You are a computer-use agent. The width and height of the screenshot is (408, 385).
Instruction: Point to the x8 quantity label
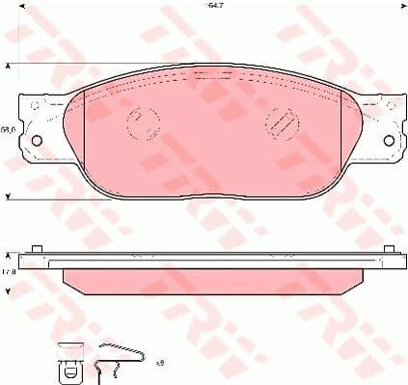(159, 363)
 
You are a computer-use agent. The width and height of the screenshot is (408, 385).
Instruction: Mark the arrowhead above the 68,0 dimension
(10, 68)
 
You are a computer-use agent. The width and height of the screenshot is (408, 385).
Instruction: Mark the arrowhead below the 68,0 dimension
(10, 196)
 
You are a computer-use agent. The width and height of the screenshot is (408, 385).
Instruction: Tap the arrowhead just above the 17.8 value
(10, 256)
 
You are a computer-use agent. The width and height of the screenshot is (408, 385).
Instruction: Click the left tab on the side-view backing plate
(37, 252)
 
